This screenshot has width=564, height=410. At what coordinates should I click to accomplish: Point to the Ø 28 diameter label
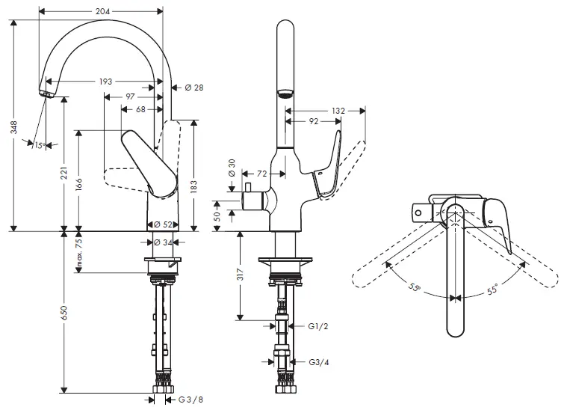pyautogui.click(x=193, y=88)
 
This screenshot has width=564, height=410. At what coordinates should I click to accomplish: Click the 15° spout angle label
pyautogui.click(x=40, y=145)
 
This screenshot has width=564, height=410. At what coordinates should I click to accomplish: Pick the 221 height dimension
pyautogui.click(x=65, y=175)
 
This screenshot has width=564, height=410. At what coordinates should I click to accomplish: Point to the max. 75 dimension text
pyautogui.click(x=78, y=251)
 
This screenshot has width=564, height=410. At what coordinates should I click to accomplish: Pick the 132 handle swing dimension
pyautogui.click(x=338, y=110)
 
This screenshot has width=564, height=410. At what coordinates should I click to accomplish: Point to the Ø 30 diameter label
pyautogui.click(x=232, y=168)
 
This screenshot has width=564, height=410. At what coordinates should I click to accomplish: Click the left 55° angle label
pyautogui.click(x=415, y=287)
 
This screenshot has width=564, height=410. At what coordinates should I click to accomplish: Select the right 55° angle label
pyautogui.click(x=494, y=287)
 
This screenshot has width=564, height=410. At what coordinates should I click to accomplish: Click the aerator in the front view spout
pyautogui.click(x=285, y=94)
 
